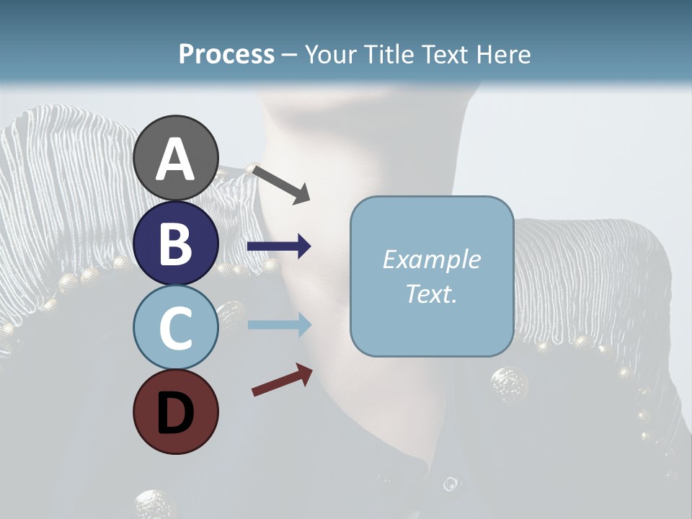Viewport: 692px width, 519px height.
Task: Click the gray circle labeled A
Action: click(175, 158)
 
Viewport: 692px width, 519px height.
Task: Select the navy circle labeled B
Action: click(175, 243)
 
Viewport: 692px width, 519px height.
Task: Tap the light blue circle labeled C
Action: click(175, 327)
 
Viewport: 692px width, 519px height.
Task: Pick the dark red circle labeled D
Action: click(175, 412)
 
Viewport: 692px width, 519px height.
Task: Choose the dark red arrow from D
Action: click(282, 380)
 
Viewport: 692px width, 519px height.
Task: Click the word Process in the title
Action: click(226, 55)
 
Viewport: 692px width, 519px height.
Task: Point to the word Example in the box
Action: click(431, 259)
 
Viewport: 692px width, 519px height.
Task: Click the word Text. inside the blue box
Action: click(431, 294)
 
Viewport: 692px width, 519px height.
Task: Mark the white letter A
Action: click(175, 159)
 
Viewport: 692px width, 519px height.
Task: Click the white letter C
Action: click(175, 328)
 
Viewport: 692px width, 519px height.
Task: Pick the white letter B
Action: click(175, 244)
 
